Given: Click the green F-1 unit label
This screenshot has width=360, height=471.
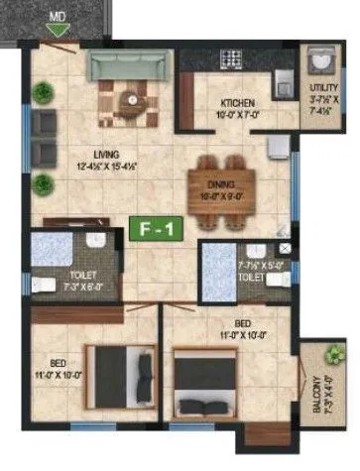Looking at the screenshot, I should point(149,230).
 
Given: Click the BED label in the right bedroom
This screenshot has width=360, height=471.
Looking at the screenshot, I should point(241,323).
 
